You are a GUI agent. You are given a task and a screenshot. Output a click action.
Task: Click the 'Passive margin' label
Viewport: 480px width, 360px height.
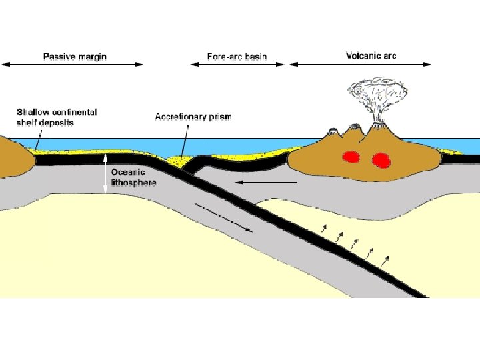tap(75, 56)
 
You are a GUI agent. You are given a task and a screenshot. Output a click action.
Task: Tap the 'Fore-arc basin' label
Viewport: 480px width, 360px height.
tap(237, 56)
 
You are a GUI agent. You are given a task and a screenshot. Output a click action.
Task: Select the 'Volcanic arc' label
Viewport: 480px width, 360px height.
tap(371, 55)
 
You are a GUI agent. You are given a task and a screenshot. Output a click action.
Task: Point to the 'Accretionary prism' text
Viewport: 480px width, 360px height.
tap(193, 117)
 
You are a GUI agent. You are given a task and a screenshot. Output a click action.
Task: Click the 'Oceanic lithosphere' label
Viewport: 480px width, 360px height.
tap(133, 177)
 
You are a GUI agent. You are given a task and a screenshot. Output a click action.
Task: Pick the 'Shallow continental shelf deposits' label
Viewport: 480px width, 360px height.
tap(56, 117)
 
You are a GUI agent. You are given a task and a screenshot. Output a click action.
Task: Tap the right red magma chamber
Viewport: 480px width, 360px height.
tap(381, 160)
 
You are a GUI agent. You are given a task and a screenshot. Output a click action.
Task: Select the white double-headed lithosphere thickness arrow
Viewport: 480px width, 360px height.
tap(105, 174)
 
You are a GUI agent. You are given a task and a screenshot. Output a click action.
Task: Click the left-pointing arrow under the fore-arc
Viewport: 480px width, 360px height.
tap(267, 181)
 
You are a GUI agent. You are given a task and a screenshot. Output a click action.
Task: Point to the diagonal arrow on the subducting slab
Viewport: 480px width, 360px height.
tap(225, 218)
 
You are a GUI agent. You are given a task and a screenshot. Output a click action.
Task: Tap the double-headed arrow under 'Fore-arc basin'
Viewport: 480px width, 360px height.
tap(237, 65)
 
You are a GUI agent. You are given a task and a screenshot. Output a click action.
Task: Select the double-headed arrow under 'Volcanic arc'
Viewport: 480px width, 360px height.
tap(360, 65)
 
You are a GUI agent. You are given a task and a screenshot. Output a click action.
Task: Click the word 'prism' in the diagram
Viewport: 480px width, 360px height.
tap(219, 117)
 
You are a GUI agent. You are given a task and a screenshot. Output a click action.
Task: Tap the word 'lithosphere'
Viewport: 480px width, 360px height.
tap(133, 182)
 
